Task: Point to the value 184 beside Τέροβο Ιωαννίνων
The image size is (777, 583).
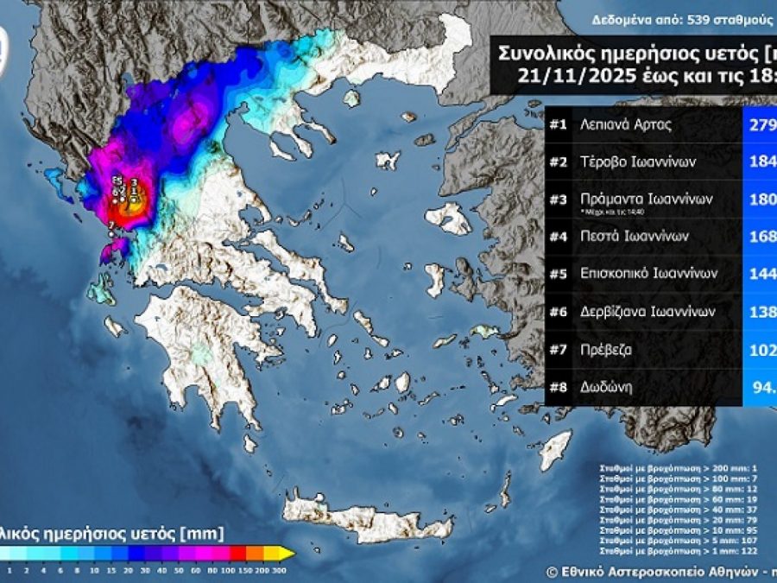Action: (x=760, y=161)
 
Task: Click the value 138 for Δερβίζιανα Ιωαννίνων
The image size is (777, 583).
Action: (x=760, y=313)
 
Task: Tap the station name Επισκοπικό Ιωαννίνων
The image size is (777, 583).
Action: (x=645, y=274)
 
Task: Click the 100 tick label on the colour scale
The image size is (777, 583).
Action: (x=227, y=570)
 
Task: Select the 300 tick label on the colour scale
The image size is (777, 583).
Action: (x=278, y=570)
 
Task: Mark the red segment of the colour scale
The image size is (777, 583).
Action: (x=239, y=554)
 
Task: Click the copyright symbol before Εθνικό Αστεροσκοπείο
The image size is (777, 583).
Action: (x=552, y=571)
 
